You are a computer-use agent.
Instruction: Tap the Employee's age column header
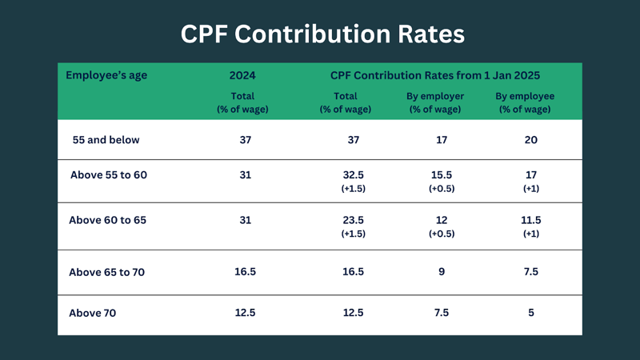(x=106, y=75)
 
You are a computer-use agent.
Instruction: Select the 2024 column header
(x=242, y=75)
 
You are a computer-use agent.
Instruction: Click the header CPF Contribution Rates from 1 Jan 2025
(x=435, y=75)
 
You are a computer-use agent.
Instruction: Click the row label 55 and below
(x=106, y=140)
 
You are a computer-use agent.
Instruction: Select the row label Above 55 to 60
(x=109, y=175)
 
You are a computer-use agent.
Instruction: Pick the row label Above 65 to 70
(x=107, y=272)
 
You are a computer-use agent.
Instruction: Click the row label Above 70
(x=93, y=313)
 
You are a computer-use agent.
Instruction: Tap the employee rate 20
(x=531, y=140)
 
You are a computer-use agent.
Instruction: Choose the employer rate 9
(x=442, y=272)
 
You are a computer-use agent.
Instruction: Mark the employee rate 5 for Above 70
(x=531, y=313)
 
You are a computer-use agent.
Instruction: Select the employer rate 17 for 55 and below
(x=442, y=140)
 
